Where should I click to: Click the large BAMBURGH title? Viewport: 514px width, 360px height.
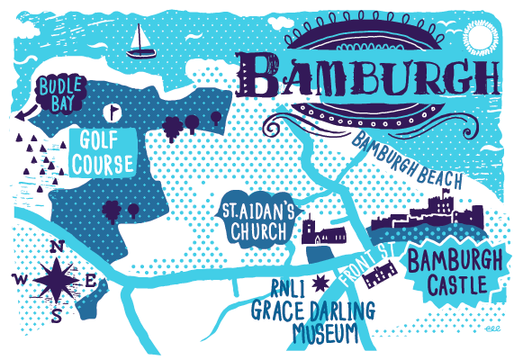370,75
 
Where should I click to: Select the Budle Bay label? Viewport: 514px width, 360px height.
61,92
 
